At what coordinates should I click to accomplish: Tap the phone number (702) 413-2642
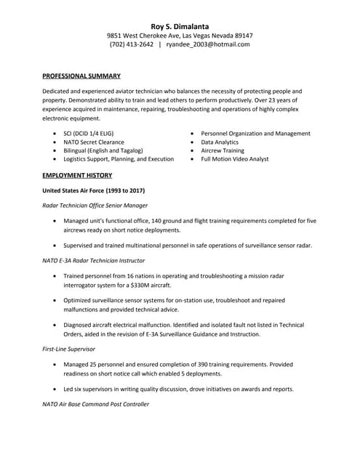[x=132, y=44]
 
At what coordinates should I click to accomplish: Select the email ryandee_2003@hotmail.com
[x=208, y=44]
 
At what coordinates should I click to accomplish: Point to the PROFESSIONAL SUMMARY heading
[x=81, y=76]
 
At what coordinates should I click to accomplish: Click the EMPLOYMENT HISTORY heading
[x=77, y=176]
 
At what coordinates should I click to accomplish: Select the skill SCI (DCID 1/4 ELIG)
[x=88, y=134]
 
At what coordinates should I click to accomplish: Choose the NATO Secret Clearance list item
[x=94, y=142]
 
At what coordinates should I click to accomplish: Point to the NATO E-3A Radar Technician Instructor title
[x=94, y=260]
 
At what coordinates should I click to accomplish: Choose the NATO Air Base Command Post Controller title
[x=96, y=404]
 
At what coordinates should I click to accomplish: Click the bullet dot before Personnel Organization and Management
[x=192, y=134]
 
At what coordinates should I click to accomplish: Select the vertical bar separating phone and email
[x=160, y=44]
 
